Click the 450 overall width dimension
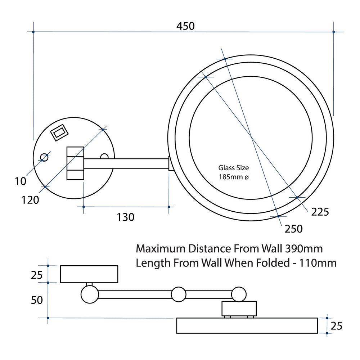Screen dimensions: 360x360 click(x=185, y=26)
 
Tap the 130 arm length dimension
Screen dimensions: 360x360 click(x=126, y=217)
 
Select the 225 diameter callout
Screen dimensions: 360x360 click(x=320, y=212)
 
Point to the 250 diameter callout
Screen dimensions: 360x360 click(x=294, y=229)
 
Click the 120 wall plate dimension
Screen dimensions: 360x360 click(x=30, y=200)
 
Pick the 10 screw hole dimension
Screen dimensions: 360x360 click(x=21, y=181)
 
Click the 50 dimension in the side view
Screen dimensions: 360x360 click(x=37, y=300)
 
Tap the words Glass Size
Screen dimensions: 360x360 click(x=234, y=168)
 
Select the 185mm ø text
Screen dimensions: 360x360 click(x=234, y=177)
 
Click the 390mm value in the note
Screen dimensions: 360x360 click(x=304, y=249)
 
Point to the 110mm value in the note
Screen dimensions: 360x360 click(x=318, y=263)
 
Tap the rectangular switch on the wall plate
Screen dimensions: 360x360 click(x=59, y=132)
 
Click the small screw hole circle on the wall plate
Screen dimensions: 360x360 click(x=44, y=158)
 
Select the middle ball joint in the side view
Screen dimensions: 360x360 click(x=179, y=294)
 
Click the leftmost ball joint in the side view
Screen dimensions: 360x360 click(x=90, y=294)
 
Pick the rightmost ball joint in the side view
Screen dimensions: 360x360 click(x=239, y=294)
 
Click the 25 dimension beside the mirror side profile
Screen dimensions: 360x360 click(x=336, y=326)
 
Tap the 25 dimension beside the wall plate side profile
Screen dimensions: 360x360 click(x=37, y=275)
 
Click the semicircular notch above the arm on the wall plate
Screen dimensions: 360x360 click(x=104, y=156)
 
